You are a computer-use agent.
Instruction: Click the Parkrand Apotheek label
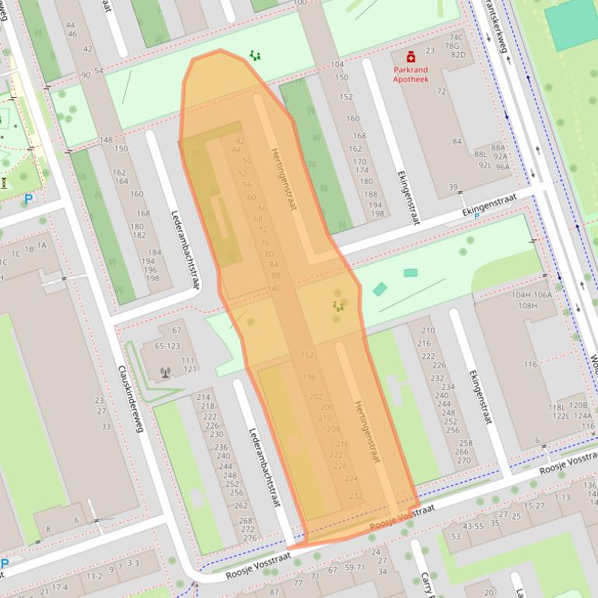pos(410,74)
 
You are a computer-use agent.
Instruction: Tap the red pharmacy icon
pos(411,56)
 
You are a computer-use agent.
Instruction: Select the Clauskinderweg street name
pos(131,398)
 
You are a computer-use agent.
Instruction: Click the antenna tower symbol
pos(165,372)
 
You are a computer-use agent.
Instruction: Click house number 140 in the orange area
pos(274,288)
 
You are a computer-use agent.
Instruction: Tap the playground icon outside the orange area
pos(255,55)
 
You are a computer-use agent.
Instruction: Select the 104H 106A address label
pos(532,295)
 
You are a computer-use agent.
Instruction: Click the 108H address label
pos(527,305)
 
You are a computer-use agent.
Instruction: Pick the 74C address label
pos(455,37)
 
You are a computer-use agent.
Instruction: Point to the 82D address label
pos(458,54)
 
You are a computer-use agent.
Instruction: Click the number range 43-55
pos(473,527)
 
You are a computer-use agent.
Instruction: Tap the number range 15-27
pos(535,506)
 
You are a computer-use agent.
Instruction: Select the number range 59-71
pos(355,567)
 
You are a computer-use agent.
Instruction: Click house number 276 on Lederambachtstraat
pos(250,538)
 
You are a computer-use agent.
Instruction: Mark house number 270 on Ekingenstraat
pos(463,461)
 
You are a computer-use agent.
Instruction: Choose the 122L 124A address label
pos(571,415)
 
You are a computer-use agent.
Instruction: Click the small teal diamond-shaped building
pos(379,289)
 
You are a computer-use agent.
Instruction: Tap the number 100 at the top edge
pos(300,3)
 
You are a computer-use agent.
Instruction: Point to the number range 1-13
pos(562,497)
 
